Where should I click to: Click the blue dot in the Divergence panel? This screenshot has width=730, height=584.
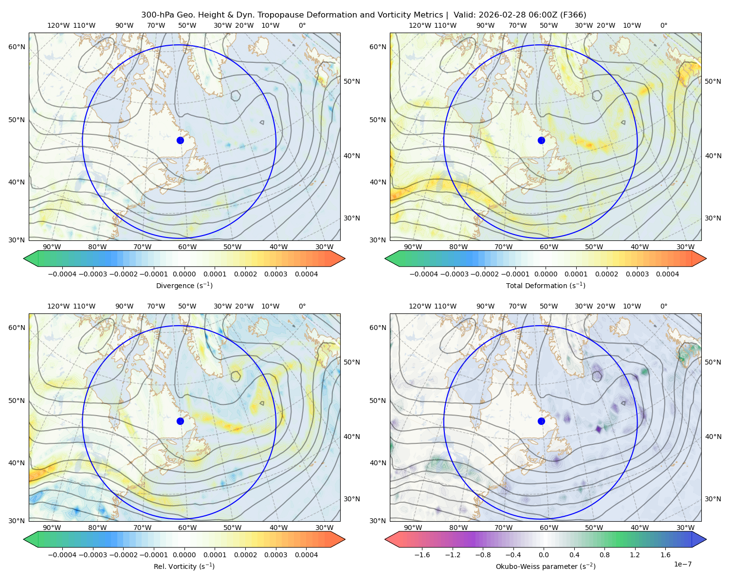[180, 141]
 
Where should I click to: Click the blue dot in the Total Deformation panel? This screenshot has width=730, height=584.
[541, 141]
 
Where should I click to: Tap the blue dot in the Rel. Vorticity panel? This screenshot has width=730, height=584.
[180, 421]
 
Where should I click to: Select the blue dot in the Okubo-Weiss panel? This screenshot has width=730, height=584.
[541, 421]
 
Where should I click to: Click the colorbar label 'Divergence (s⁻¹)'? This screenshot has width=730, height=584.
[184, 285]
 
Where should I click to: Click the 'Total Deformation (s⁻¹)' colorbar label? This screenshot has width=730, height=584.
[546, 285]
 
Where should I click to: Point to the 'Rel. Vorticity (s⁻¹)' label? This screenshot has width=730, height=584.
[184, 566]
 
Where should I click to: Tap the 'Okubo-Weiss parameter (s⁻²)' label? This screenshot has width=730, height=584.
[546, 566]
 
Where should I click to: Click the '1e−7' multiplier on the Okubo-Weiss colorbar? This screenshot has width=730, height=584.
[682, 564]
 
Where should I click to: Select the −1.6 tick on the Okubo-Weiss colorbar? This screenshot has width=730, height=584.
[422, 555]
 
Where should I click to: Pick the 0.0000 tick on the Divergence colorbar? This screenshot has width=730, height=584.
[184, 274]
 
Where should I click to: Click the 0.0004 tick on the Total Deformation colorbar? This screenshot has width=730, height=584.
[667, 274]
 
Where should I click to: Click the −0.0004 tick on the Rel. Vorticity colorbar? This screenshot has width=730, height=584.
[62, 555]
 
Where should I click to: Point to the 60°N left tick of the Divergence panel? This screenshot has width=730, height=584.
[17, 47]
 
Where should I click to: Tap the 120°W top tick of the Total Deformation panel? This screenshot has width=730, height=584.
[420, 25]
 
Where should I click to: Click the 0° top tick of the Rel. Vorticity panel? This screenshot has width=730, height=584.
[302, 306]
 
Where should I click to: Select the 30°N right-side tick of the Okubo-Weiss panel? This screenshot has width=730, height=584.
[713, 499]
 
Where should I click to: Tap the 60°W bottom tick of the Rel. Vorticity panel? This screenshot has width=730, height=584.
[187, 528]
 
